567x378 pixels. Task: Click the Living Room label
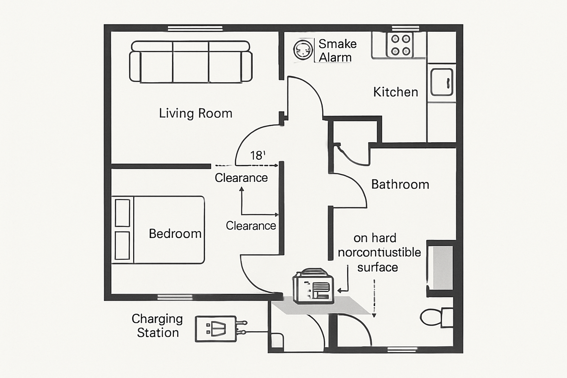pos(196,113)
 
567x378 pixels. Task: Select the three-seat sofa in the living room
pos(191,62)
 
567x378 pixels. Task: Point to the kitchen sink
pos(441,82)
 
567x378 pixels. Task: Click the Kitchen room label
pos(395,92)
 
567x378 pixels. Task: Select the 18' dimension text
pos(258,156)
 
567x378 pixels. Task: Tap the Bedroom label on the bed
pos(175,233)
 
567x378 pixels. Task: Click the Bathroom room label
pos(400,184)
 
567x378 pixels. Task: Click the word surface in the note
pos(378,267)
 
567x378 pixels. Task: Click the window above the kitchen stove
pos(406,28)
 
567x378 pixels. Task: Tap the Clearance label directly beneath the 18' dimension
pos(241,178)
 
